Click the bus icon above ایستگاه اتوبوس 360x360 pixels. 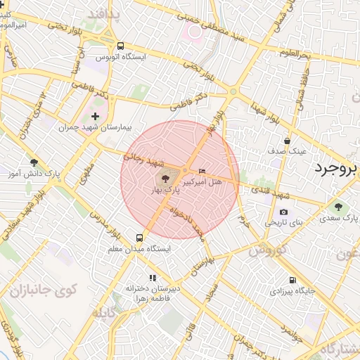(x=121, y=44)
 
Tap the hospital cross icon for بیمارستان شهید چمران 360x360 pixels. (x=96, y=115)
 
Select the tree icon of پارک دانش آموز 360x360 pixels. (x=33, y=161)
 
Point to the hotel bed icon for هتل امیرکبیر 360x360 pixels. (x=202, y=171)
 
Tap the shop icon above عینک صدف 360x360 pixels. (x=287, y=141)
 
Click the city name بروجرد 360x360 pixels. (x=335, y=168)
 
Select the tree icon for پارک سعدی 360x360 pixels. (x=339, y=207)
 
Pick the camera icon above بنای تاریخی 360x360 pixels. (x=283, y=212)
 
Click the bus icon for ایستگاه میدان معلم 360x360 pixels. (x=140, y=238)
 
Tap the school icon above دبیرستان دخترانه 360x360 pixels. (x=153, y=278)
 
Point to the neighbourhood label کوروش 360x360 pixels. (x=266, y=249)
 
